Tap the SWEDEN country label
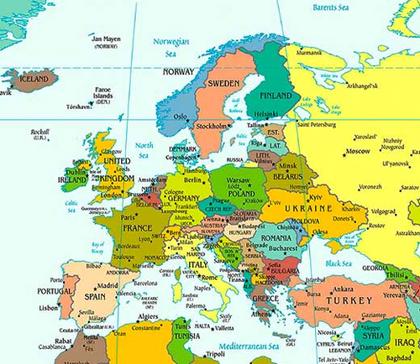(x=223, y=86)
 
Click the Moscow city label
(x=358, y=151)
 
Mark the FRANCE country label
(x=138, y=227)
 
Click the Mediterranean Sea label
(x=251, y=344)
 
